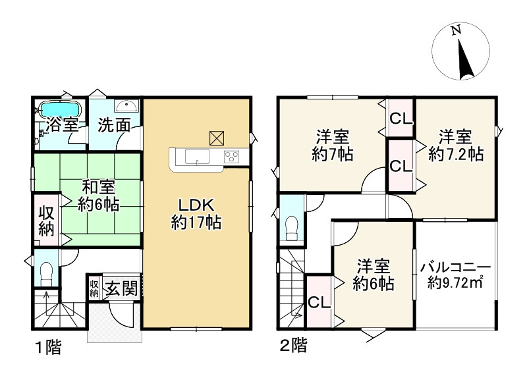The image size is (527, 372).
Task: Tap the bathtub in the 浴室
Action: click(x=59, y=107)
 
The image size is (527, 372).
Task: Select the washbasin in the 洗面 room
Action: click(x=125, y=105)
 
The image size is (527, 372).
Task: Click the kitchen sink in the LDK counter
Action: click(x=196, y=157)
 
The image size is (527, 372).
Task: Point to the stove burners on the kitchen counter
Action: click(x=232, y=157)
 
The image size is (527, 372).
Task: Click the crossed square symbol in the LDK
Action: click(x=216, y=136)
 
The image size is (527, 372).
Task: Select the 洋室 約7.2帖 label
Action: click(x=455, y=146)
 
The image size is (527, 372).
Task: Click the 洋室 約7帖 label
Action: click(x=332, y=146)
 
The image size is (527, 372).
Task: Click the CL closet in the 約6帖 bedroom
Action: click(x=319, y=302)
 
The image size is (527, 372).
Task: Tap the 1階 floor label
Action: click(x=45, y=348)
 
